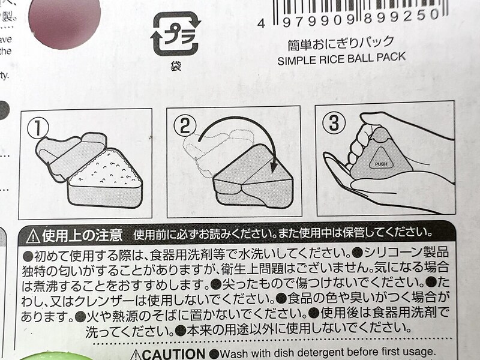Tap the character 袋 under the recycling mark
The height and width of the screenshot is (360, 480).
(x=175, y=66)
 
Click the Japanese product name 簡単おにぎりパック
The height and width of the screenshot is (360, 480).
(x=341, y=43)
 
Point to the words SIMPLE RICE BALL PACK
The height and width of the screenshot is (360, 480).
(x=341, y=59)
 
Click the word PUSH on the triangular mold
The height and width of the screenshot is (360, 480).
(x=382, y=164)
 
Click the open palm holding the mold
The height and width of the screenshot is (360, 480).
(x=396, y=192)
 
